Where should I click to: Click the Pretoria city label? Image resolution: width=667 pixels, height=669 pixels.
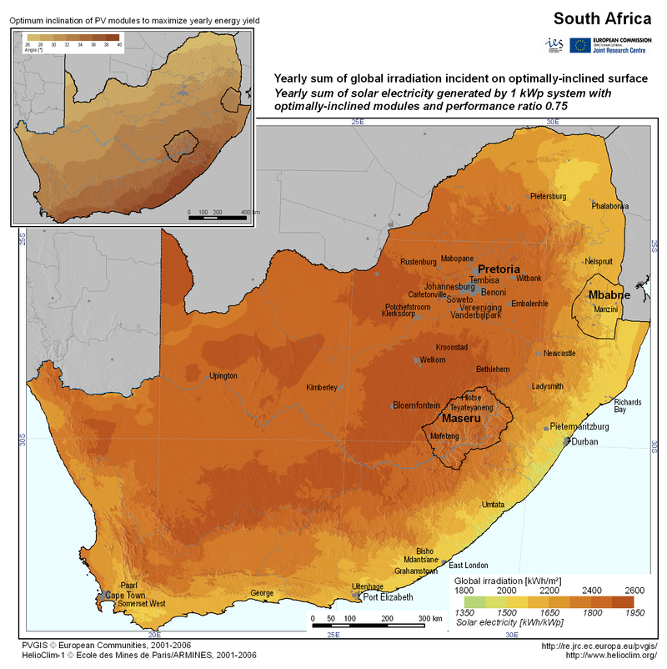click(x=498, y=269)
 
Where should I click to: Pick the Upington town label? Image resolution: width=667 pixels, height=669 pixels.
click(x=223, y=375)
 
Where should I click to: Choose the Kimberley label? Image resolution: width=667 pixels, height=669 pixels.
click(x=321, y=387)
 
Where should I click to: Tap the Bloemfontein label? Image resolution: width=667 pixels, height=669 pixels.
click(x=416, y=405)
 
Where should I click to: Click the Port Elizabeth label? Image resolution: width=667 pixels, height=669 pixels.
click(x=387, y=597)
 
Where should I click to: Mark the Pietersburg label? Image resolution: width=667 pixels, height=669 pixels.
click(x=549, y=196)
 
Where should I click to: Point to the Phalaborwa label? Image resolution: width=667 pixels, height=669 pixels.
click(x=610, y=205)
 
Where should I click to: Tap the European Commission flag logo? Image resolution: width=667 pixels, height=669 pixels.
click(x=581, y=44)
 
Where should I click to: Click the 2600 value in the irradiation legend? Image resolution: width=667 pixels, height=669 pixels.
click(x=623, y=589)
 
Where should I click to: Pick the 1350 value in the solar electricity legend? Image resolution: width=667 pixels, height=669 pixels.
click(x=464, y=613)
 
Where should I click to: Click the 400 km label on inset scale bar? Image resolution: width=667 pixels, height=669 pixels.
click(x=245, y=213)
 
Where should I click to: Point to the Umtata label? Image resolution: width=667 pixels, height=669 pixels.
click(x=494, y=505)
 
